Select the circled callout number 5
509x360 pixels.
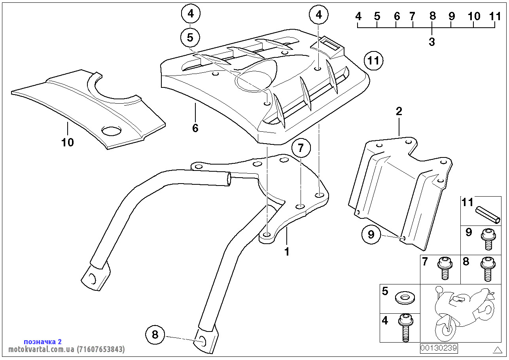[190, 38]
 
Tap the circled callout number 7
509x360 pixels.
[301, 148]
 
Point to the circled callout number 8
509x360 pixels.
[155, 335]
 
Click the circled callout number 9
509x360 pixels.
[371, 235]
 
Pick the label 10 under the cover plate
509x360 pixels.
[68, 142]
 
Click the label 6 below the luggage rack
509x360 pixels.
[195, 128]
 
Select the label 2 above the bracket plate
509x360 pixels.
[399, 111]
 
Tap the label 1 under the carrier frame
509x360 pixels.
[287, 251]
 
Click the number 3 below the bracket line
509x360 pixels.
[431, 42]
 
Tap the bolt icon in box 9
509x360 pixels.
[487, 239]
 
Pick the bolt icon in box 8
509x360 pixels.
[487, 268]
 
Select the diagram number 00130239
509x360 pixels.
[439, 348]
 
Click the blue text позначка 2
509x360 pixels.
[43, 341]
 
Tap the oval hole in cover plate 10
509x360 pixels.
[112, 131]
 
